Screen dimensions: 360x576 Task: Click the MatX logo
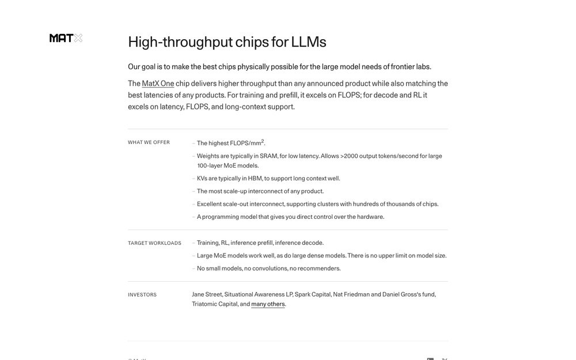[x=66, y=38]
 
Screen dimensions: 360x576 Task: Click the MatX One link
[x=158, y=84]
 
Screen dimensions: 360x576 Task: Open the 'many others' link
[x=268, y=304]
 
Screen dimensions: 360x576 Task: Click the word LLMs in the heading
[x=309, y=42]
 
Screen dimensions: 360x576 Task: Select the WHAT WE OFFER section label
[x=149, y=142]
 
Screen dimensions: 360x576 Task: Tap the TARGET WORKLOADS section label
[x=154, y=243]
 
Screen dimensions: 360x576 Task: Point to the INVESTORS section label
[x=142, y=295]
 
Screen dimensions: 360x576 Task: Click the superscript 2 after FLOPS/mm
[x=263, y=141]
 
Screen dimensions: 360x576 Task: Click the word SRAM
[x=268, y=156]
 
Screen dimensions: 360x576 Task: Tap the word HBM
[x=255, y=179]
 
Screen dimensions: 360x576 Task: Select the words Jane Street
[x=207, y=294]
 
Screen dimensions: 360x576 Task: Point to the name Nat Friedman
[x=351, y=294]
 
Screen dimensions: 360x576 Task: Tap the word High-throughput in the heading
[x=180, y=42]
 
